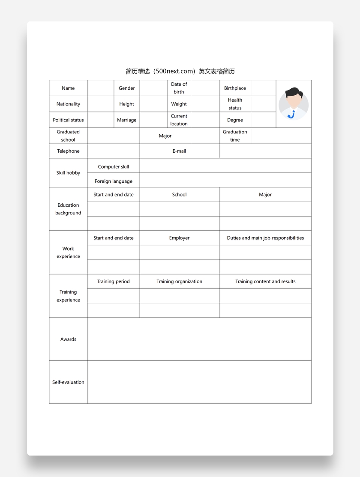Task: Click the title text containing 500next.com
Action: pyautogui.click(x=180, y=71)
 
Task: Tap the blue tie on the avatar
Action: pyautogui.click(x=292, y=115)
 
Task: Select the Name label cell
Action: pyautogui.click(x=68, y=88)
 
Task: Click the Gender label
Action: pyautogui.click(x=127, y=88)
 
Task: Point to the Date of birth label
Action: pyautogui.click(x=179, y=88)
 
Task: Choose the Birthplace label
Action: pyautogui.click(x=235, y=88)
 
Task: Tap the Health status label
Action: pyautogui.click(x=235, y=104)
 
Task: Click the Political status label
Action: pyautogui.click(x=68, y=120)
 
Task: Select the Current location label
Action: pyautogui.click(x=179, y=120)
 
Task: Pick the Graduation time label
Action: pyautogui.click(x=235, y=136)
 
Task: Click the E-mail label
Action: pyautogui.click(x=179, y=151)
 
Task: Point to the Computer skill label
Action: pyautogui.click(x=114, y=166)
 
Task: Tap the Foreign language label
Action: pyautogui.click(x=114, y=181)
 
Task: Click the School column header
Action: pyautogui.click(x=179, y=195)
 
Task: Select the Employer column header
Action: pyautogui.click(x=179, y=238)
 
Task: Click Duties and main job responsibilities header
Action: pyautogui.click(x=265, y=238)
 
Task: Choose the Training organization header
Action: pyautogui.click(x=179, y=281)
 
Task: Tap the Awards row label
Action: pyautogui.click(x=68, y=339)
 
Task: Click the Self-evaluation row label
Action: pyautogui.click(x=68, y=382)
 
